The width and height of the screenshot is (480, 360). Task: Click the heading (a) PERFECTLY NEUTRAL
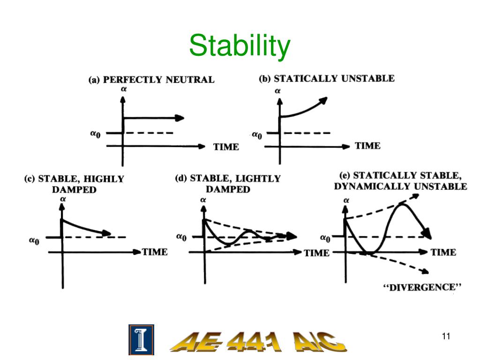(x=151, y=80)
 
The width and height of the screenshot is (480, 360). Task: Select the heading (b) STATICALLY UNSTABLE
(x=327, y=79)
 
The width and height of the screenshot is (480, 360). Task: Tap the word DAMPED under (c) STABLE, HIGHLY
(x=74, y=190)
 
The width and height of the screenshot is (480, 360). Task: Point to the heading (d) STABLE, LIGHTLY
(x=228, y=179)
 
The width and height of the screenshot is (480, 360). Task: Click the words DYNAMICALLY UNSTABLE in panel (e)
(x=400, y=187)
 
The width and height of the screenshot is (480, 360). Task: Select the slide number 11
(x=446, y=336)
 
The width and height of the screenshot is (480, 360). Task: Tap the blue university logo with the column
(x=141, y=339)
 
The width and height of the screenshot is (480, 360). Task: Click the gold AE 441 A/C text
(x=258, y=341)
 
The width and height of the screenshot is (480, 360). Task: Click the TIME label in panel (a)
(x=226, y=147)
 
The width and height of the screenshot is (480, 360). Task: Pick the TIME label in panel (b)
(x=367, y=146)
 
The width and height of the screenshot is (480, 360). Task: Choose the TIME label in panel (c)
(x=155, y=252)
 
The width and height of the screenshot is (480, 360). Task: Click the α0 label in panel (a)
(x=96, y=133)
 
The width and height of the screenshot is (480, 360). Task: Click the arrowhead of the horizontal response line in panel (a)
(x=180, y=118)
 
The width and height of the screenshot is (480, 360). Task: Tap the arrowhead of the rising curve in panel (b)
(x=323, y=99)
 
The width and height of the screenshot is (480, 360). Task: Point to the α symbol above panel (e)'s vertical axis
(x=346, y=201)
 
